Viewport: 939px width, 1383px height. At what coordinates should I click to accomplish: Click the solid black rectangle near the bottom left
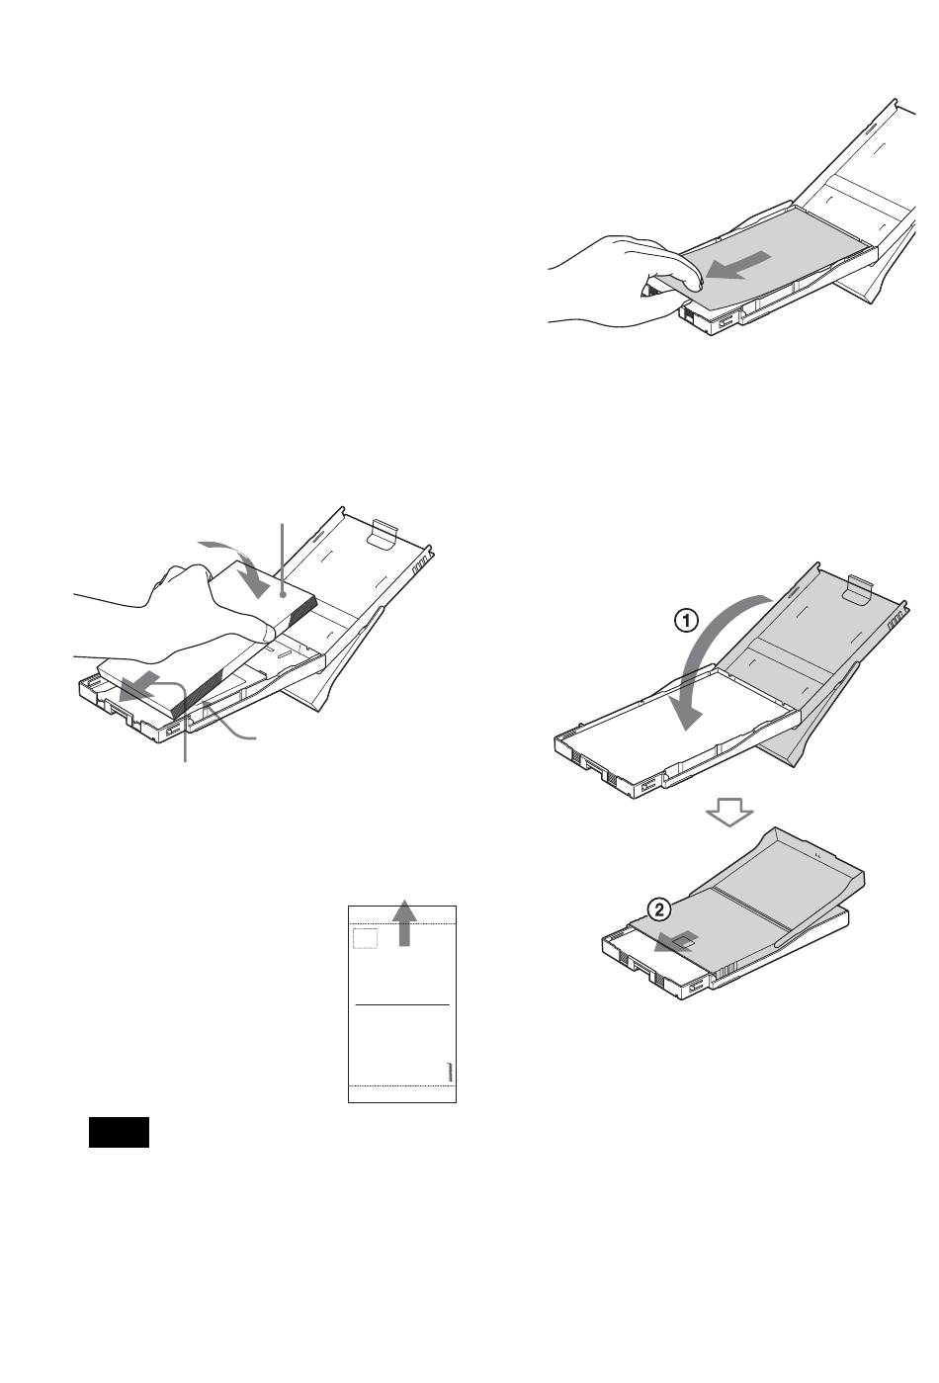(x=119, y=1132)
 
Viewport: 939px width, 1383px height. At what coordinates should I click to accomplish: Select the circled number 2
(x=659, y=909)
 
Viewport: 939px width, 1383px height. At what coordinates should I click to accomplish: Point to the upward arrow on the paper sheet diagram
(x=403, y=922)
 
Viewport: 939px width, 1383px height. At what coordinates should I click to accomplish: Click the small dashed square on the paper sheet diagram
(x=365, y=938)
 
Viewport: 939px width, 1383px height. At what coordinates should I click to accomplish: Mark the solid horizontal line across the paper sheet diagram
(x=402, y=1004)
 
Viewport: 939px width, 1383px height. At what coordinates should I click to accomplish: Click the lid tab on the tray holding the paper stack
(x=383, y=534)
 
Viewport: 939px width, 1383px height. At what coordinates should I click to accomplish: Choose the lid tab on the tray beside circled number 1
(x=859, y=589)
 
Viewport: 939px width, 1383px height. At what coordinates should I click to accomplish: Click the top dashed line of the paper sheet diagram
(x=402, y=922)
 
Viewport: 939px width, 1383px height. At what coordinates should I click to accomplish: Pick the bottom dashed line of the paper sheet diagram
(x=402, y=1084)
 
